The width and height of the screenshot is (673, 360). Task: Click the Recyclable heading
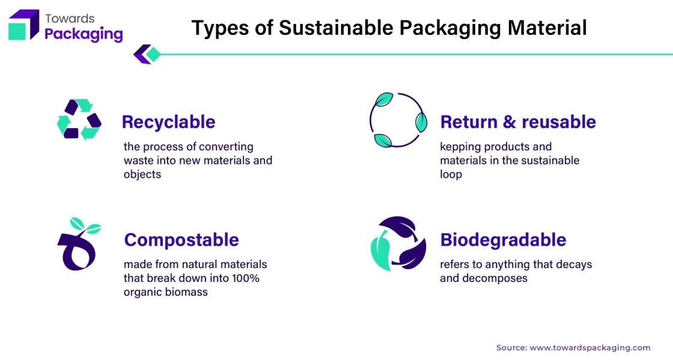pos(168,122)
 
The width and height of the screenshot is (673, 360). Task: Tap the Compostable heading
pos(181,240)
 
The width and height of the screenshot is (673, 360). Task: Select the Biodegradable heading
pos(503,240)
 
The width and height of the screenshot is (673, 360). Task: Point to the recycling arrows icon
pos(79,119)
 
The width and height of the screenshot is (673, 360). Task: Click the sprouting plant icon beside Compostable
pos(79,244)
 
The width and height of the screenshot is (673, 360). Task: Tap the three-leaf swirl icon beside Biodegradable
pos(398,243)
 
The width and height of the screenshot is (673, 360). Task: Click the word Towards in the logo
pos(70,19)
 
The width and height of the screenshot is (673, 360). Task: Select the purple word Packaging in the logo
pos(84,34)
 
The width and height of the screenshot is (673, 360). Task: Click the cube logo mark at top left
pos(23,25)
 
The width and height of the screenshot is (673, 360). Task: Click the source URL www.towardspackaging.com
pos(590,347)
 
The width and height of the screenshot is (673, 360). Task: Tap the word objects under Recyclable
pos(142,175)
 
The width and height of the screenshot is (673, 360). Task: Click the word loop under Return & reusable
pos(451,175)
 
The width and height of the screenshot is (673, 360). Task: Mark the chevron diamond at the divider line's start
pos(147,54)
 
